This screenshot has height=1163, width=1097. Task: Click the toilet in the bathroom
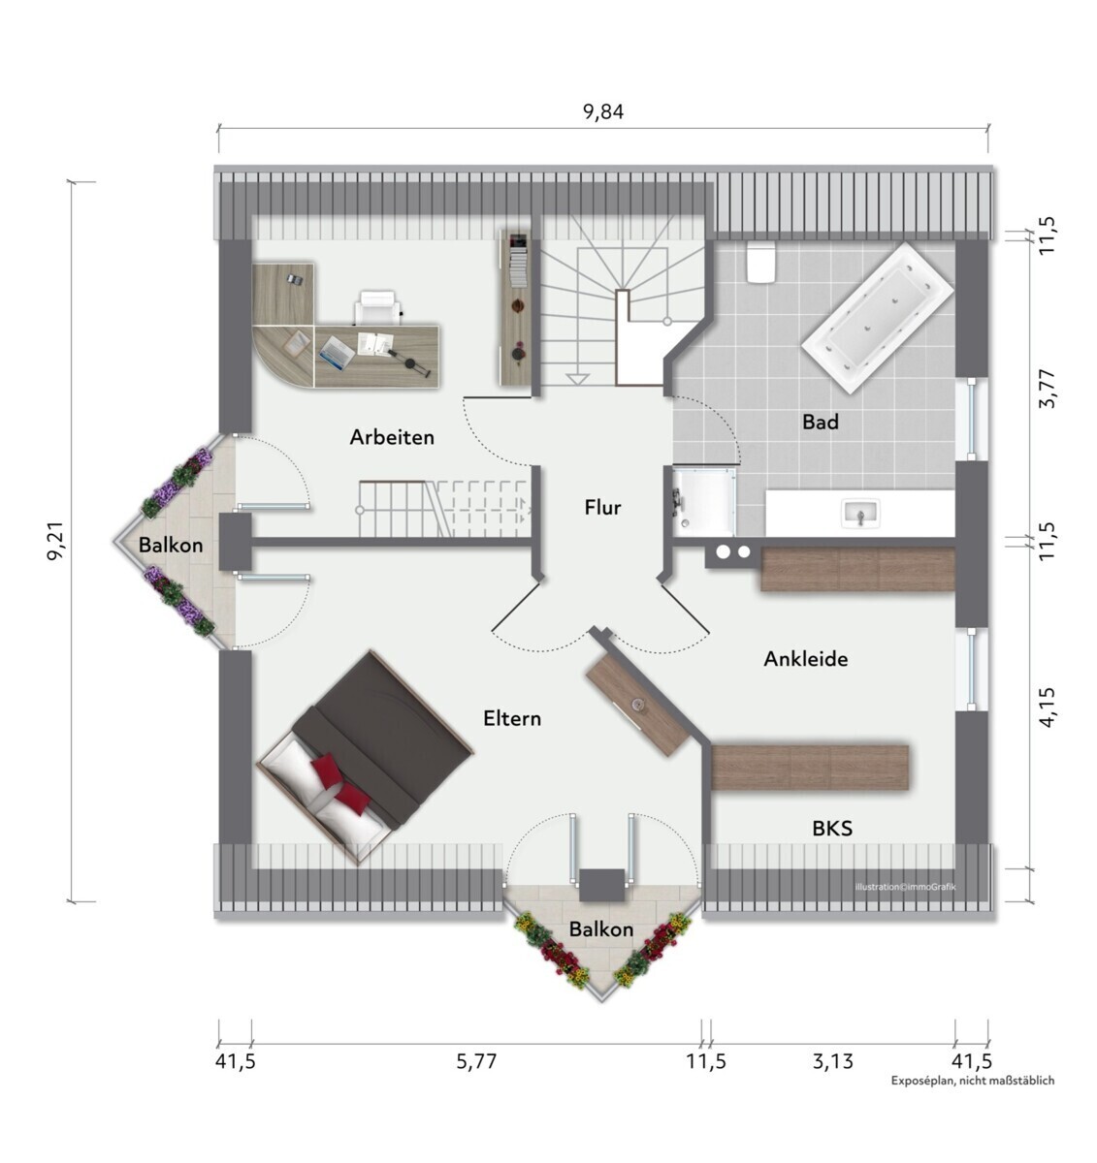761,263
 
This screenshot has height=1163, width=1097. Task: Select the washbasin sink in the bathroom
860,514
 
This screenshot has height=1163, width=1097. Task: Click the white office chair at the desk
378,307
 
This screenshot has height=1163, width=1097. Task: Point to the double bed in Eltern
365,757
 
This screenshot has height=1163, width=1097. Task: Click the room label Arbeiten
392,437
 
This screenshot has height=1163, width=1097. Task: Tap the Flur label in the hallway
602,507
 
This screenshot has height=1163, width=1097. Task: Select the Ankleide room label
805,659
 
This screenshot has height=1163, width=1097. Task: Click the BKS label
832,829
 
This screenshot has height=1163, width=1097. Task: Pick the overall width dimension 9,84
602,111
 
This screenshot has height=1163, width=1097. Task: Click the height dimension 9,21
56,541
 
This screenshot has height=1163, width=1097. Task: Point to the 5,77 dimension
476,1061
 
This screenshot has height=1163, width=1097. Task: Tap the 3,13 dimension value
832,1061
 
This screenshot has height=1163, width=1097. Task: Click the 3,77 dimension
1047,389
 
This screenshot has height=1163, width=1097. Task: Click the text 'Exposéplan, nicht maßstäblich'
973,1081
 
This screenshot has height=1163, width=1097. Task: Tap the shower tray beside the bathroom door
703,502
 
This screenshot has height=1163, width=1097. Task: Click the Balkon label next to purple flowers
171,546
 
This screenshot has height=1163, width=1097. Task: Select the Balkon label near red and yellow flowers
601,929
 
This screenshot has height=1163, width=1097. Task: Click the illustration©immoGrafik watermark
905,887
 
